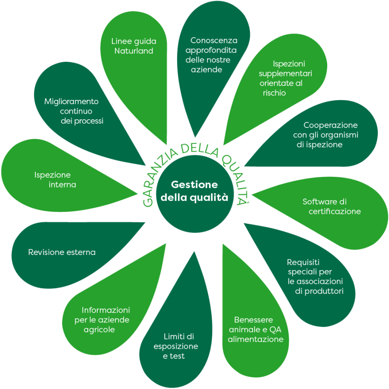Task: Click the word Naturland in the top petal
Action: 134,51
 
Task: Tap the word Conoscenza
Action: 214,41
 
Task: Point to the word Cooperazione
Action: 330,125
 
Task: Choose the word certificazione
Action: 335,211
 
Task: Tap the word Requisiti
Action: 303,262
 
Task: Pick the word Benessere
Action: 253,320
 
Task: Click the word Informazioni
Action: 106,310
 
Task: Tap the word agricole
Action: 99,329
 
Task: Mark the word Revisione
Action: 47,252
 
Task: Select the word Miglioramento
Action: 71,102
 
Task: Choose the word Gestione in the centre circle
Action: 194,185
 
